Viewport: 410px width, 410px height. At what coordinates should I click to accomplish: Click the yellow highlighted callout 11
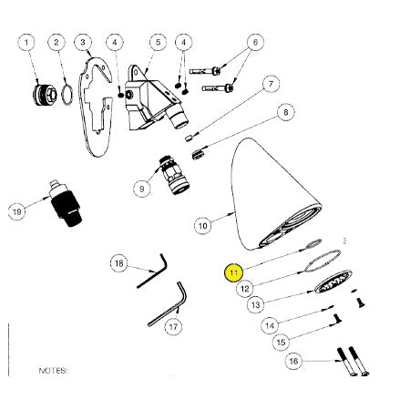[x=233, y=272]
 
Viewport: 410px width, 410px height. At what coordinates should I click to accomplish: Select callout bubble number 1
[x=27, y=42]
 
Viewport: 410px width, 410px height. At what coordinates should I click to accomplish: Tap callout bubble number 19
[x=17, y=211]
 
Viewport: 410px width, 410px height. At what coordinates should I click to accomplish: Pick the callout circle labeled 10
[x=203, y=226]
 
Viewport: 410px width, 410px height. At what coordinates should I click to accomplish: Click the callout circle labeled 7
[x=271, y=84]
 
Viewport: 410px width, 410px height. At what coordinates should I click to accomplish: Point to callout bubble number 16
[x=293, y=361]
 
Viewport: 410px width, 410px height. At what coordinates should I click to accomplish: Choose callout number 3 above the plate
[x=83, y=42]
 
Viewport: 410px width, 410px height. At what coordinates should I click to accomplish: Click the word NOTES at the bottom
[x=53, y=371]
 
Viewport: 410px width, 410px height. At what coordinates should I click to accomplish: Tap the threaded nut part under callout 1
[x=45, y=94]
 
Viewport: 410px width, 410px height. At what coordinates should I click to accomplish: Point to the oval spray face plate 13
[x=333, y=282]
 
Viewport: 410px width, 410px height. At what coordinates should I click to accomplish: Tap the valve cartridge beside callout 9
[x=176, y=175]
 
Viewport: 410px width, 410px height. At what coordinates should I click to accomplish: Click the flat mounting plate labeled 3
[x=95, y=107]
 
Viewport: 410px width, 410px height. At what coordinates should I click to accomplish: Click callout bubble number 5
[x=158, y=42]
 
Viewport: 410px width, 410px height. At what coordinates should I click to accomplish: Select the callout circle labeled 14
[x=270, y=326]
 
